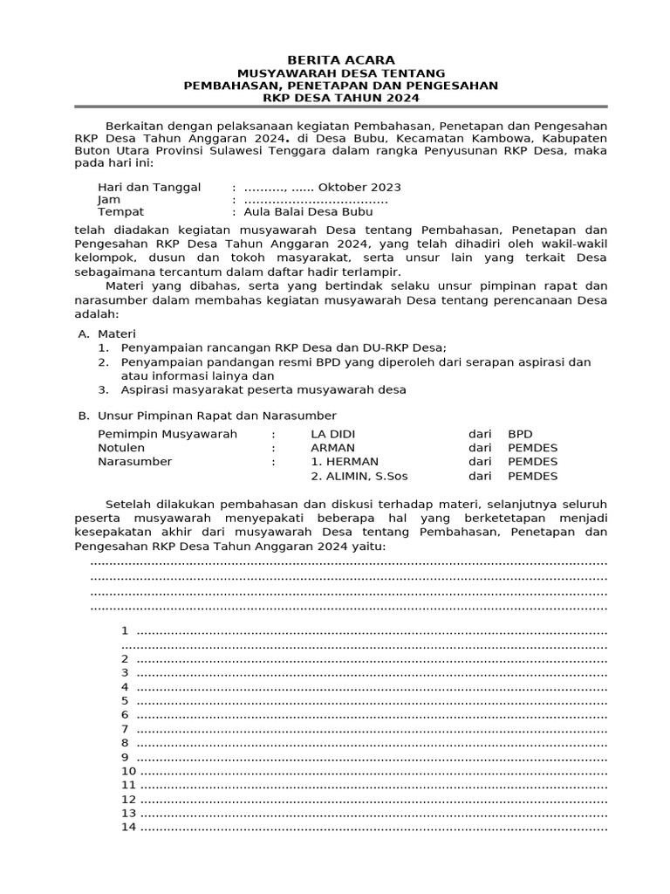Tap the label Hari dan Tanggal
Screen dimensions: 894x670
click(x=149, y=187)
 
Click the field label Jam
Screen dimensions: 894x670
click(x=108, y=200)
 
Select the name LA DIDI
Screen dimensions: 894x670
click(x=332, y=434)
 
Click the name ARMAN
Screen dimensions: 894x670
click(x=332, y=448)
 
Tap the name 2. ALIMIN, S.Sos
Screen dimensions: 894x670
click(x=359, y=476)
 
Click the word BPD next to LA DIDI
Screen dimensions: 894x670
click(x=520, y=434)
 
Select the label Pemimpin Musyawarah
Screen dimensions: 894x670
click(x=167, y=434)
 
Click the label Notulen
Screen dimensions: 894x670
click(x=121, y=448)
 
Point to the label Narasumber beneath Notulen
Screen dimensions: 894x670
click(x=135, y=462)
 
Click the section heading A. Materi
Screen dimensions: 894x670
click(x=106, y=334)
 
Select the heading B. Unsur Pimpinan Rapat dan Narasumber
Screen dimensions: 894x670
click(x=207, y=415)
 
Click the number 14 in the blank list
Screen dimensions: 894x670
click(x=128, y=827)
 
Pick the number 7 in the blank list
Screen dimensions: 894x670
click(x=125, y=729)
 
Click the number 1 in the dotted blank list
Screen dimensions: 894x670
click(x=125, y=630)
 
